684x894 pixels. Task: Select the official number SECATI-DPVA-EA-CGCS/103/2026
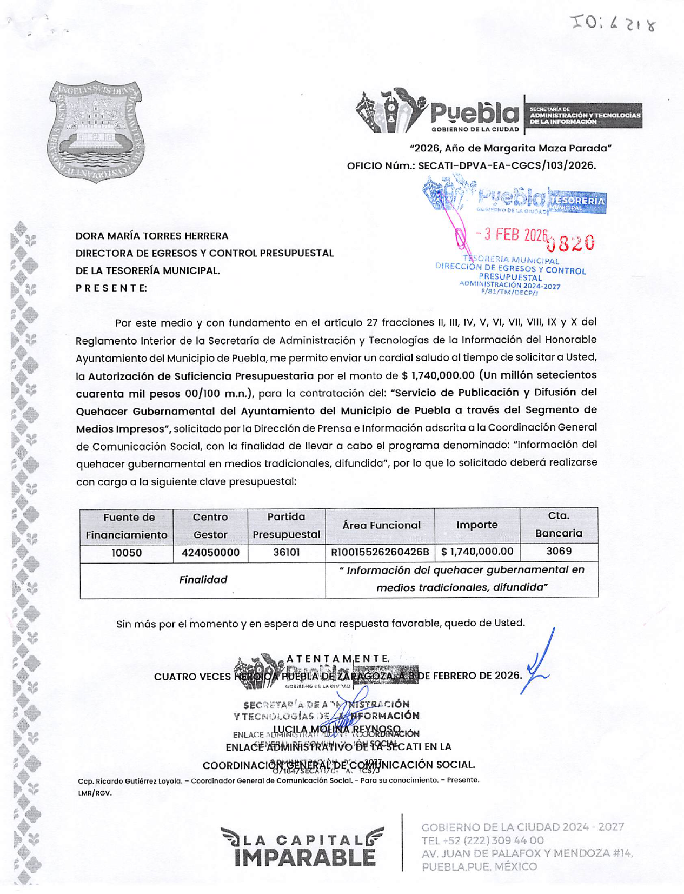tap(507, 165)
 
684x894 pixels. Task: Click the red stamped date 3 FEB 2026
tap(512, 235)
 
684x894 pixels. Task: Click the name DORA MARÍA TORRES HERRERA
tap(152, 236)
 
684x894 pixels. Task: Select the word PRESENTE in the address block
tap(111, 288)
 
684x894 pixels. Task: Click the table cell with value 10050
tap(127, 553)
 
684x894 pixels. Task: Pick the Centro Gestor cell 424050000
tap(210, 553)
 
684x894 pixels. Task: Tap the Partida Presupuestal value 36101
tap(286, 553)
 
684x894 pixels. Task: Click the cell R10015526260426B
tap(380, 552)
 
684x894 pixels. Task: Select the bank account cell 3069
tap(559, 551)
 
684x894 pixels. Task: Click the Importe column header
tap(477, 525)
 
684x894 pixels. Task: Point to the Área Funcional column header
tap(381, 525)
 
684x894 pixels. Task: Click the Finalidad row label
tap(203, 580)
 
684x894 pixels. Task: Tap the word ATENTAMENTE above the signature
tap(338, 659)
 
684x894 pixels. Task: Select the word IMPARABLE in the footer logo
tap(305, 858)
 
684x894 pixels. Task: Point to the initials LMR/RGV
tap(95, 793)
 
